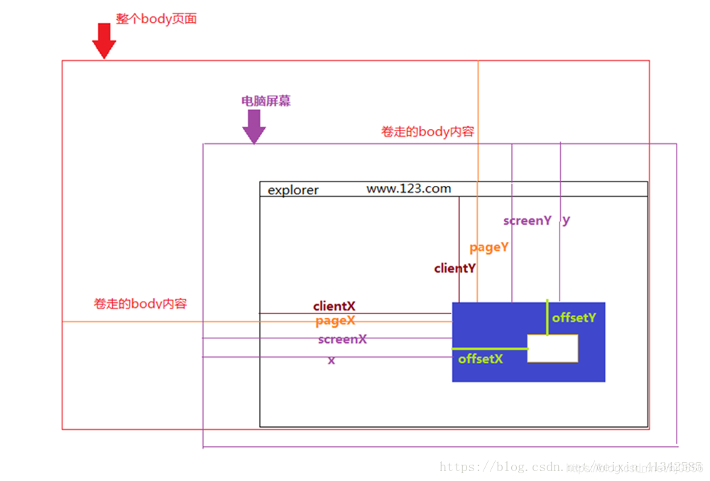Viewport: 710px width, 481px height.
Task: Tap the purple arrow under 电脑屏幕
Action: click(253, 127)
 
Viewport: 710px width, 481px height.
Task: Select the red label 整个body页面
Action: click(156, 19)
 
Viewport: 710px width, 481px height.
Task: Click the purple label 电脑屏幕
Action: click(266, 101)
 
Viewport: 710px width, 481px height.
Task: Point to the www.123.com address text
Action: click(408, 189)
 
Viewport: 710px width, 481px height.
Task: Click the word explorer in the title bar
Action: click(293, 190)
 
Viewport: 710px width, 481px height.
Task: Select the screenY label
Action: click(527, 221)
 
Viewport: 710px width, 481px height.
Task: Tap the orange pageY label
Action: click(489, 248)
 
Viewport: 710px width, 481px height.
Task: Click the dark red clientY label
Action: click(454, 268)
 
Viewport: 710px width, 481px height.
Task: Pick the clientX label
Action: click(334, 306)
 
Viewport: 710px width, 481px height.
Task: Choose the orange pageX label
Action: click(335, 321)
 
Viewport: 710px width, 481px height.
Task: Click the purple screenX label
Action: click(342, 339)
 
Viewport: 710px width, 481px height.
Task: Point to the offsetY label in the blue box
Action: click(574, 318)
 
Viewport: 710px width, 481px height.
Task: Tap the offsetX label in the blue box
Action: click(481, 359)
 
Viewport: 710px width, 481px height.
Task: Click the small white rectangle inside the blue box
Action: click(552, 348)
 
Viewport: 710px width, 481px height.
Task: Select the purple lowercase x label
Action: click(331, 360)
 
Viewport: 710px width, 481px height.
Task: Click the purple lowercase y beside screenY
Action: click(566, 220)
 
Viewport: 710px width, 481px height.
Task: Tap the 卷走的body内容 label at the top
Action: click(427, 132)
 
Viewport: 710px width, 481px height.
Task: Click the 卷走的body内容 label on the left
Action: click(140, 304)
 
